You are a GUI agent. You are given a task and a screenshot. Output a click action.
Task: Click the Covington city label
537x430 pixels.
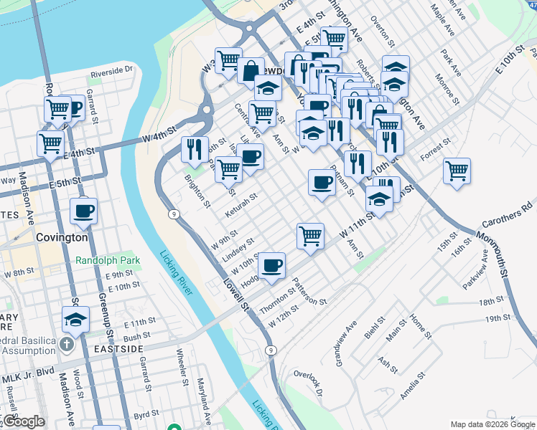click(63, 237)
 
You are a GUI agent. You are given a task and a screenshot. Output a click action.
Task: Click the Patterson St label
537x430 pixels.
click(309, 291)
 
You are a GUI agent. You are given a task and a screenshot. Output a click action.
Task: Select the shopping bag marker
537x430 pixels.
click(251, 71)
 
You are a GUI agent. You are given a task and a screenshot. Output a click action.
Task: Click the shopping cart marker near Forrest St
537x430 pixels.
click(457, 171)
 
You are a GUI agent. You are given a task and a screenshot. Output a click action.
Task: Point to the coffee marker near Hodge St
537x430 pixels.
click(272, 265)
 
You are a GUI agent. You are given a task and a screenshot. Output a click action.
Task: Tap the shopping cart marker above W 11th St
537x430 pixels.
click(310, 234)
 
